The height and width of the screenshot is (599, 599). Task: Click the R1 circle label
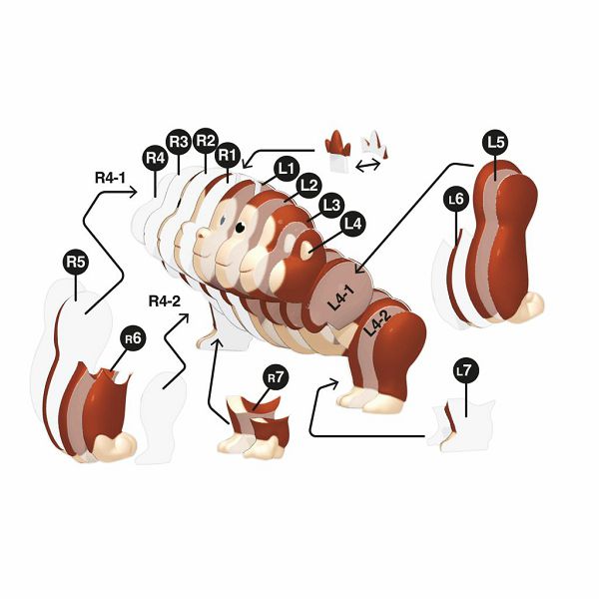pos(228,155)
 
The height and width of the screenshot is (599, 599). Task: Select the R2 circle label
pos(206,141)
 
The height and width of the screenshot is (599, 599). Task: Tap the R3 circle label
pos(179,142)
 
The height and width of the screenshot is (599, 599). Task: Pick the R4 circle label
pos(155,158)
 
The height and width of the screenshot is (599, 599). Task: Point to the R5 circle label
pos(76,262)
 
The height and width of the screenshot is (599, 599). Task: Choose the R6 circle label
pos(133,338)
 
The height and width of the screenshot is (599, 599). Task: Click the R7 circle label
pos(276,377)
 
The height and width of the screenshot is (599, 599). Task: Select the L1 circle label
pos(287,169)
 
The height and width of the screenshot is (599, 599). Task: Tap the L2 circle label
pos(309,186)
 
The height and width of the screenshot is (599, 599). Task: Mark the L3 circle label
pos(331,205)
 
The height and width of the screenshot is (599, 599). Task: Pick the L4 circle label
pos(353,224)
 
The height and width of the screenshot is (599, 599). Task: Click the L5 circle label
pos(495,142)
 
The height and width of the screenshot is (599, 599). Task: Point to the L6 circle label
pos(456,199)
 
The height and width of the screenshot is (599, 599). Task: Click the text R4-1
pos(110,178)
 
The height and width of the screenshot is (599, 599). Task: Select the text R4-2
pos(165,301)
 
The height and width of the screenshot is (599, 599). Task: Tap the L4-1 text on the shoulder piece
pos(342,297)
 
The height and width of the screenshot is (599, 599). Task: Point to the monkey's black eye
pos(240,228)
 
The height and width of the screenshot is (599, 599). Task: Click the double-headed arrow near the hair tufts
pos(367,165)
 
